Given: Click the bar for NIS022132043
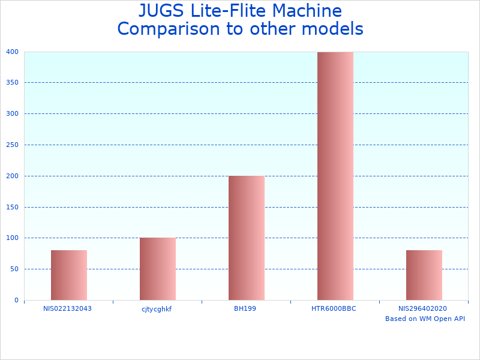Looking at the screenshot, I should click(x=69, y=275).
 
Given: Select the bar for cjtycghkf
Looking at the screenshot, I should click(x=158, y=269).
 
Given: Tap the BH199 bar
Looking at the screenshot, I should click(x=247, y=238).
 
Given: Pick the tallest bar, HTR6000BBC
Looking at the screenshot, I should click(x=335, y=176).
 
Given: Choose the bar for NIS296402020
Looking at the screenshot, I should click(x=424, y=275).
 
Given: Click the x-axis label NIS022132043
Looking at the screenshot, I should click(x=68, y=308).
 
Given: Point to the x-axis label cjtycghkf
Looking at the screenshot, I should click(x=157, y=309).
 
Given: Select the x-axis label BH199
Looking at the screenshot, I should click(x=245, y=308).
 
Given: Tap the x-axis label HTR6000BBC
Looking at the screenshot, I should click(x=334, y=308).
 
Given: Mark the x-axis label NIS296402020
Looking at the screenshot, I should click(x=422, y=308).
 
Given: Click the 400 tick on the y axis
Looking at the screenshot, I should click(x=13, y=52).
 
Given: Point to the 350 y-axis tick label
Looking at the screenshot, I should click(x=13, y=83).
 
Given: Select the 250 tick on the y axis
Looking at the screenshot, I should click(x=13, y=145).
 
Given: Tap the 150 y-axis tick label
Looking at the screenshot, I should click(x=13, y=207).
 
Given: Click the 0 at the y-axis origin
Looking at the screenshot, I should click(x=17, y=300).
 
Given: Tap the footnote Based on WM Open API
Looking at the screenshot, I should click(x=425, y=319).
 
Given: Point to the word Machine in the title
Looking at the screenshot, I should click(x=306, y=11).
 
